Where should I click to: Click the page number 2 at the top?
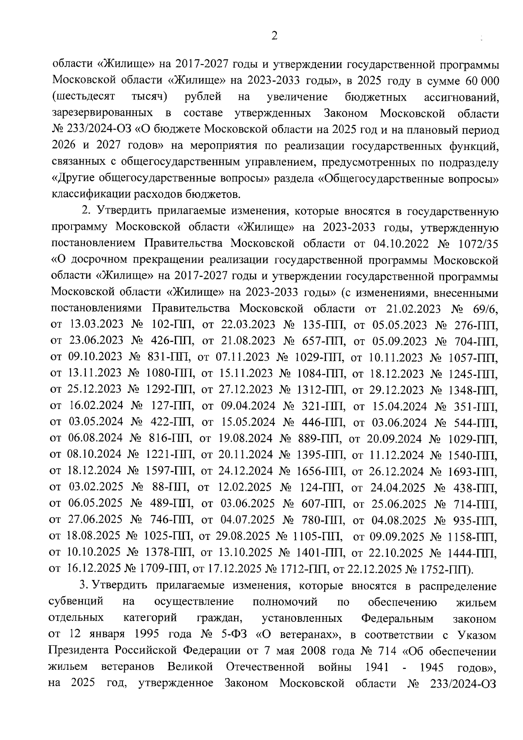274,36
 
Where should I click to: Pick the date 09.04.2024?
248,406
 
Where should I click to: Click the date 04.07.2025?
248,520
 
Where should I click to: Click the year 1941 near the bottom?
373,667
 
